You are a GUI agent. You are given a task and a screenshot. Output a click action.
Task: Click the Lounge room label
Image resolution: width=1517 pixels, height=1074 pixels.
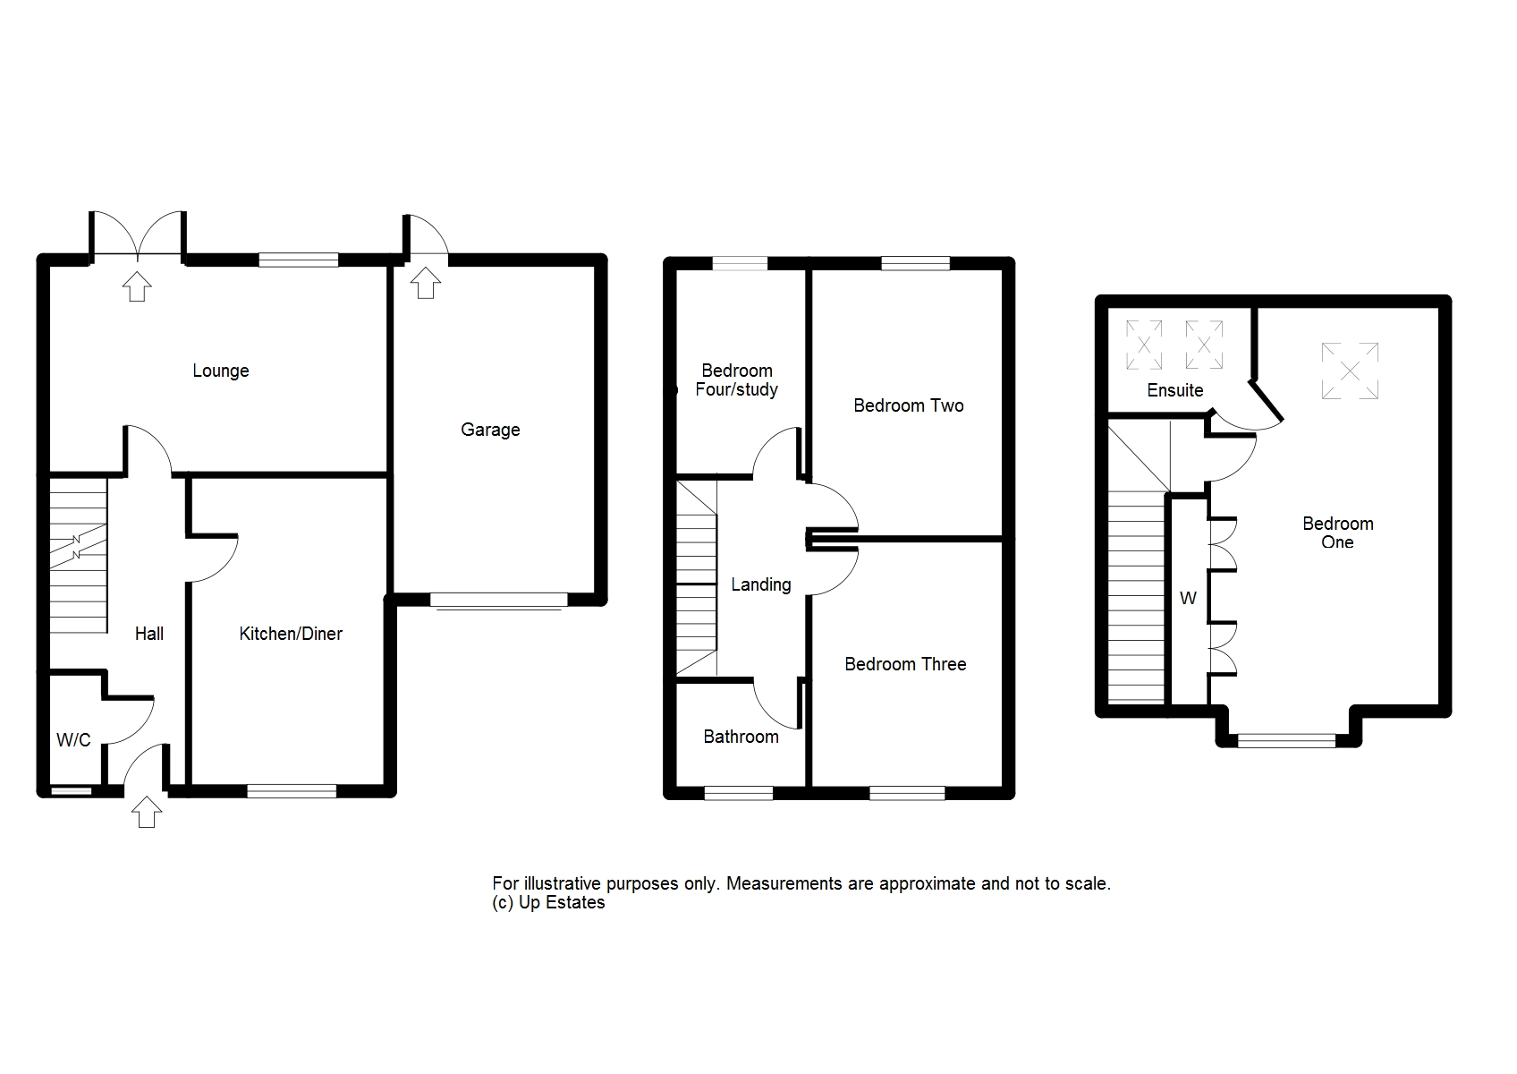click(x=221, y=371)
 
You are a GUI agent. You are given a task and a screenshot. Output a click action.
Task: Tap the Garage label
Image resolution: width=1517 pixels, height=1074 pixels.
click(x=490, y=430)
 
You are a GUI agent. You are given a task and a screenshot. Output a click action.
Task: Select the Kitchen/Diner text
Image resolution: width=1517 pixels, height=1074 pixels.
click(x=291, y=634)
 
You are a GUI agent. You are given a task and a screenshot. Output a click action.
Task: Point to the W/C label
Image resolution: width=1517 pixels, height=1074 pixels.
click(x=73, y=740)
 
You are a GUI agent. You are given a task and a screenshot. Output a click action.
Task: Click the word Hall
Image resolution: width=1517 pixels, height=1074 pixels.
click(x=149, y=634)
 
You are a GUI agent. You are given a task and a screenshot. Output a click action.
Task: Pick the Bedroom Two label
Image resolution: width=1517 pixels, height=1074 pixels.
click(x=908, y=406)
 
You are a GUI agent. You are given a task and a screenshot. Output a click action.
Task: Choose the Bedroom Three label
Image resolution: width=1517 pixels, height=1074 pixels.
click(x=905, y=664)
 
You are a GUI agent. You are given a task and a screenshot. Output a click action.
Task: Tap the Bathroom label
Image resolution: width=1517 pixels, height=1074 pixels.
click(x=741, y=737)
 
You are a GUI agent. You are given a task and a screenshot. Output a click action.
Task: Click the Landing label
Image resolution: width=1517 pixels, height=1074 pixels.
click(x=760, y=584)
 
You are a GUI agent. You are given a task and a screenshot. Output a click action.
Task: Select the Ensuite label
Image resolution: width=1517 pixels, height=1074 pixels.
click(x=1175, y=390)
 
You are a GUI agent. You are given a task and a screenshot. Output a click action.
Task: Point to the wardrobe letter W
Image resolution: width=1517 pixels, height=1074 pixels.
click(x=1188, y=599)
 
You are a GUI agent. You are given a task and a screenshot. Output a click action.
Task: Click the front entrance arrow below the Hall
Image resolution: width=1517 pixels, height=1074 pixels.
click(x=147, y=812)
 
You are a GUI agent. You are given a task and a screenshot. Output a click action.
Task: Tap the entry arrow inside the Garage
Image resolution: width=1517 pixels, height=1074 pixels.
click(x=425, y=283)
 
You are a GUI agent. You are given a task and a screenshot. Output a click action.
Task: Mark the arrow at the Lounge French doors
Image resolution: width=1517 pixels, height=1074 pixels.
click(x=137, y=286)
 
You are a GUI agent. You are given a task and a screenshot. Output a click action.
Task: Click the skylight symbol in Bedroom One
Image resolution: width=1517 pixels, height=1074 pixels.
click(x=1350, y=371)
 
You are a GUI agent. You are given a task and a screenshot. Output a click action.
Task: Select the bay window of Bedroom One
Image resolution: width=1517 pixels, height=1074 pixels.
click(x=1287, y=741)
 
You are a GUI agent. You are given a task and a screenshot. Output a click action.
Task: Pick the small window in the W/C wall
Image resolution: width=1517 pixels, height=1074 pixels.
click(x=72, y=791)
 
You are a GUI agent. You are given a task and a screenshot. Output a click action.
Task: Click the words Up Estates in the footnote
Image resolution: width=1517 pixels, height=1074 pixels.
click(x=562, y=903)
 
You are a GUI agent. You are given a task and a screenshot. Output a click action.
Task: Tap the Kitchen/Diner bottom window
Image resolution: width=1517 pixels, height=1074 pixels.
click(x=292, y=791)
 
